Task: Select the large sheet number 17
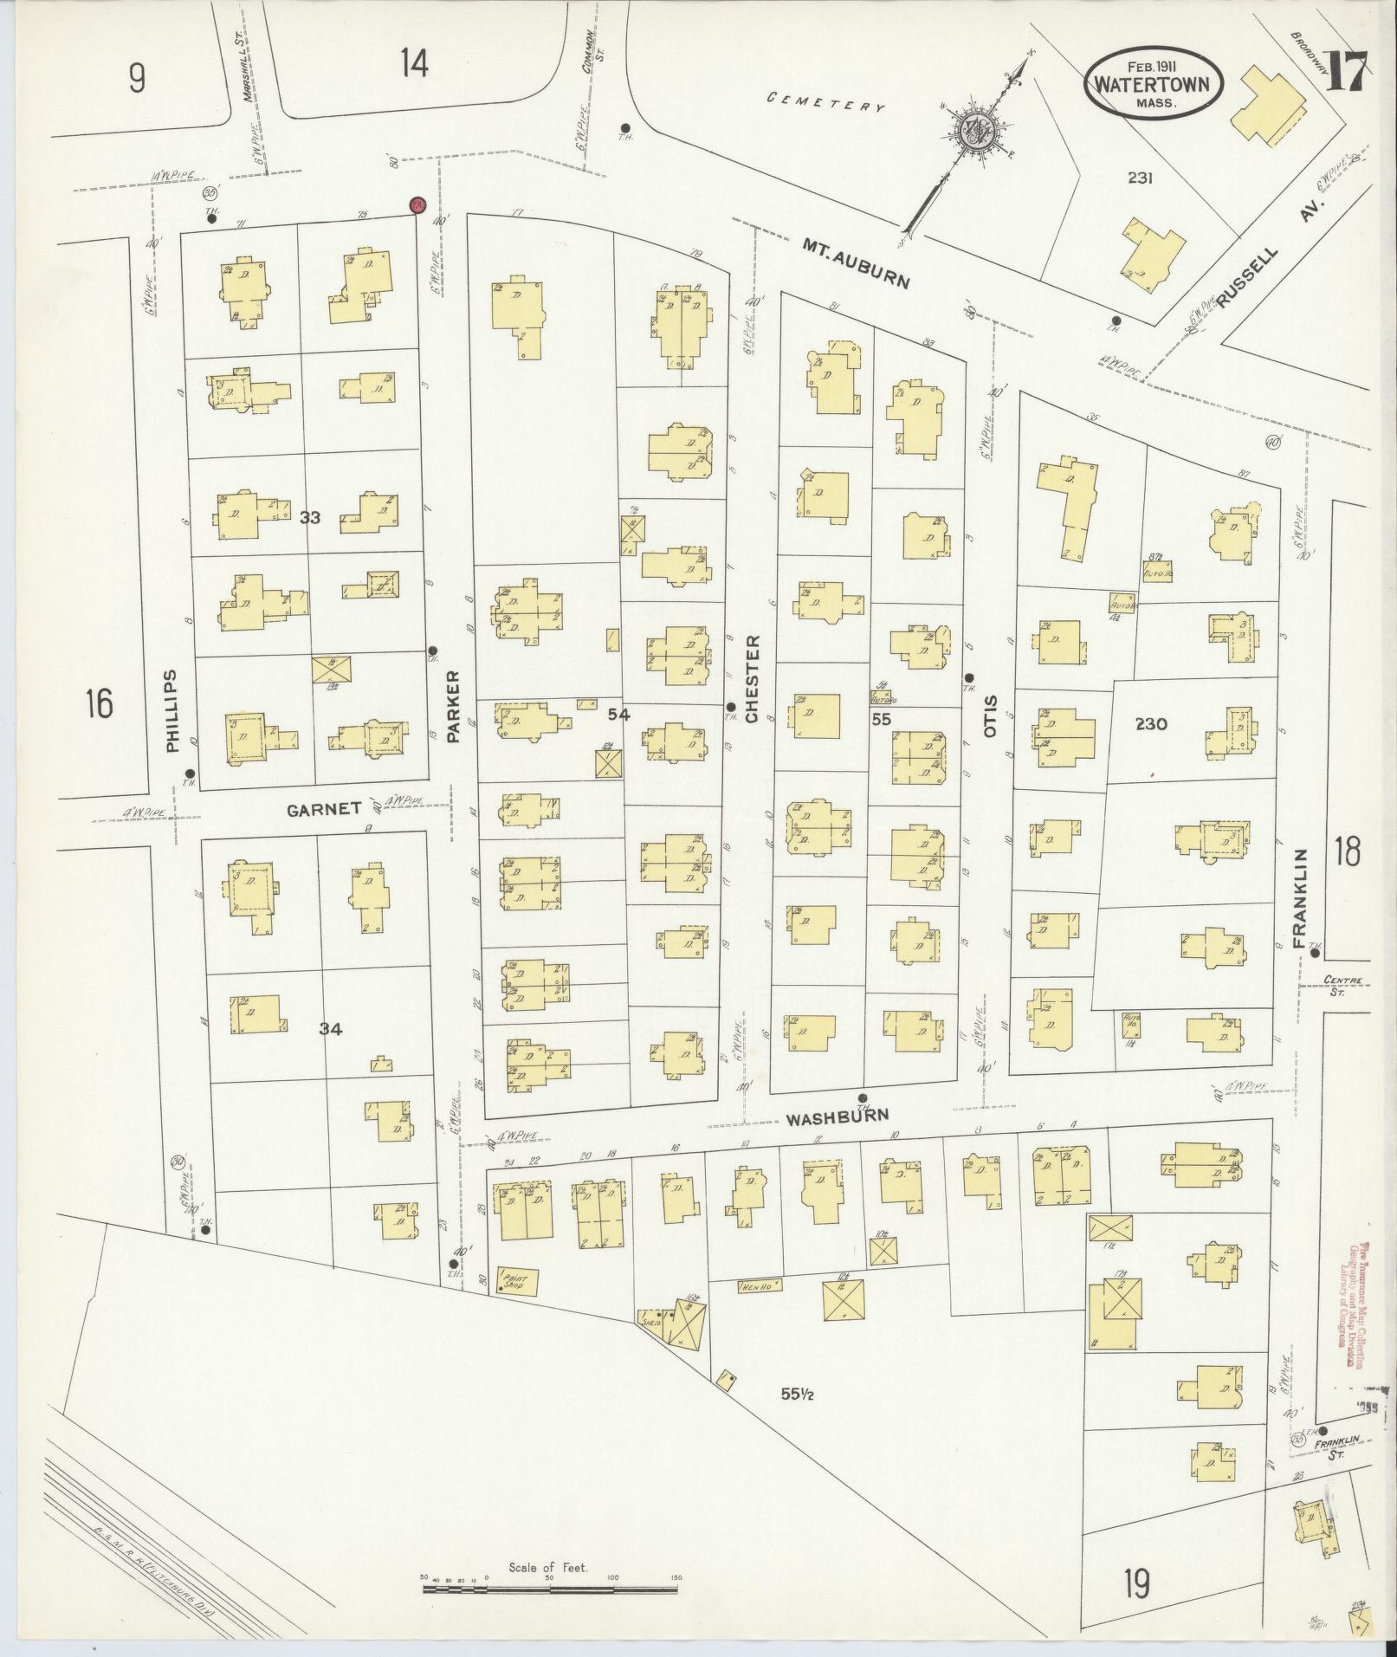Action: tap(1344, 72)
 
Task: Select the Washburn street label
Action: tap(837, 1118)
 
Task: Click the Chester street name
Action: tap(752, 679)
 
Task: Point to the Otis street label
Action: tap(991, 715)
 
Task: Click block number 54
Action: tap(618, 715)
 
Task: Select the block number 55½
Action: tap(795, 1394)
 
